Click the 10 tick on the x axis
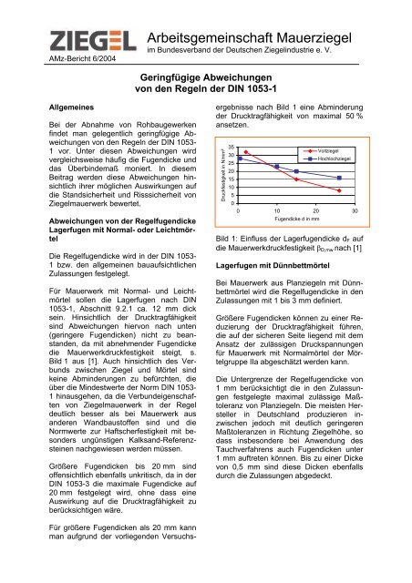pyautogui.click(x=277, y=210)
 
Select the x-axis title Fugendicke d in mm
pyautogui.click(x=302, y=220)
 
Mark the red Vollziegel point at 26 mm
pyautogui.click(x=339, y=191)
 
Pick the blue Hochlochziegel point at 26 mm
pyautogui.click(x=339, y=178)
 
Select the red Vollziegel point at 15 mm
pyautogui.click(x=296, y=179)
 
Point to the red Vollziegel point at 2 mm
pyautogui.click(x=246, y=152)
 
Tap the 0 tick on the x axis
pyautogui.click(x=239, y=210)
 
